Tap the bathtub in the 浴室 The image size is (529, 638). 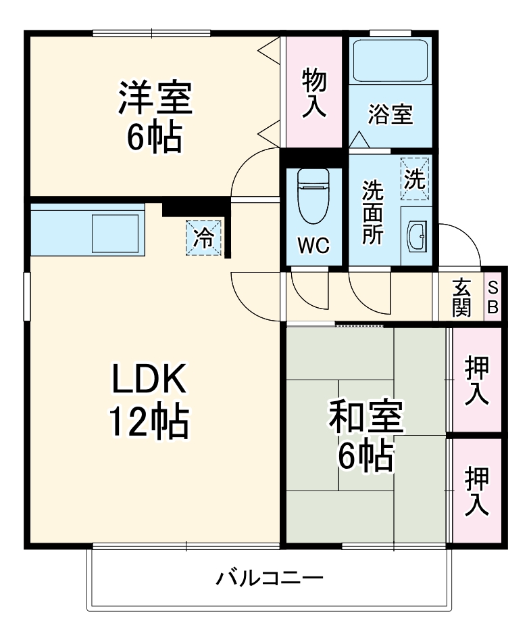(x=390, y=61)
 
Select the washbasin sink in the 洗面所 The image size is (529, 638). (x=415, y=235)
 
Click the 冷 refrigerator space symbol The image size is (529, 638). (x=203, y=237)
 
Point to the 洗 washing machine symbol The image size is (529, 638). (x=415, y=179)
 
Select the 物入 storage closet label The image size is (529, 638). (x=313, y=92)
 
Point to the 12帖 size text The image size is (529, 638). (x=149, y=423)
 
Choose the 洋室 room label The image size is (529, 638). (x=155, y=98)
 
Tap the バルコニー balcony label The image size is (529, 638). (x=270, y=578)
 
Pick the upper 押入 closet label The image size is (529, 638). (x=476, y=380)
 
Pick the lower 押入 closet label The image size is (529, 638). (x=476, y=491)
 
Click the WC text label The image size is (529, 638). (x=313, y=246)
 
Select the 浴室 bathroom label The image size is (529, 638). (x=390, y=114)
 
